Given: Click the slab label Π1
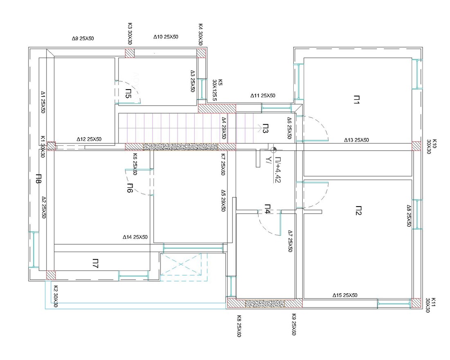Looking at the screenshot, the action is pos(356,100).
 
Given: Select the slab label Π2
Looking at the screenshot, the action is pos(358,210).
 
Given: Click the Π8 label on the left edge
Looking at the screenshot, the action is pos(38,178).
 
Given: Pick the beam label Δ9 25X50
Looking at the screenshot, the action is pos(83,38).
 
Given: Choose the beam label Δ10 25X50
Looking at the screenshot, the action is pos(166,37).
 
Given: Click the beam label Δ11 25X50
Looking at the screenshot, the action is pos(263,96).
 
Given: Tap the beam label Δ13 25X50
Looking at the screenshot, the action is pos(356,140).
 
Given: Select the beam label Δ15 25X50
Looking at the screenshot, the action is pos(345,295).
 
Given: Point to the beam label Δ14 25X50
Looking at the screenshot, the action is pos(135,237).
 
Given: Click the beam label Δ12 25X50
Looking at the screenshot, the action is pos(89,139).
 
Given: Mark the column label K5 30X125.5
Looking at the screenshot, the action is pos(217,90).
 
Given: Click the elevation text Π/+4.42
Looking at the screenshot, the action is pos(278,170).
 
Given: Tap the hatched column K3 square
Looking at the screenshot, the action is pos(130,53).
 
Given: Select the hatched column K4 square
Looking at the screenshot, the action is pos(201,53).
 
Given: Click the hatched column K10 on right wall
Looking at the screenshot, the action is pos(416,146).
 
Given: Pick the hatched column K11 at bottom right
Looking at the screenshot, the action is pos(416,304).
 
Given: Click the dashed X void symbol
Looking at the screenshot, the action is pos(184,267).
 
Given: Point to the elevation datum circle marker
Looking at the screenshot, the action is pos(273,149).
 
